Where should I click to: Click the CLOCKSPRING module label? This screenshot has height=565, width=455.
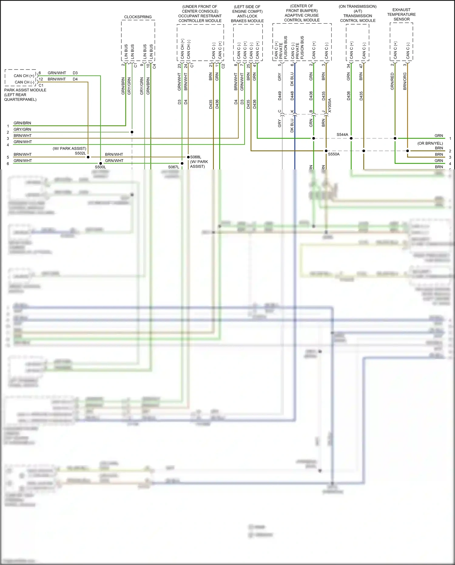[x=138, y=17]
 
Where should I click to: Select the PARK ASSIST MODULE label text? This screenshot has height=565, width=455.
[x=25, y=90]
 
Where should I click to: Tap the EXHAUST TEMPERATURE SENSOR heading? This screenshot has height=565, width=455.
[x=401, y=15]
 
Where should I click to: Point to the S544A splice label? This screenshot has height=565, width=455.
[x=342, y=134]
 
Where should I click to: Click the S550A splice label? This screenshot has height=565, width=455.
[x=334, y=154]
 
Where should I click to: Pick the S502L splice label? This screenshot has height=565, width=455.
[x=80, y=153]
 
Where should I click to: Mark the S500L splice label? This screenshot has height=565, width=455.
[x=100, y=167]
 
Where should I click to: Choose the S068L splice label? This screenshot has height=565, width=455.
[x=196, y=157]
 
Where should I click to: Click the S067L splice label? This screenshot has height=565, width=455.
[x=174, y=167]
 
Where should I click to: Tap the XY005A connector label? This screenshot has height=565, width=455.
[x=330, y=106]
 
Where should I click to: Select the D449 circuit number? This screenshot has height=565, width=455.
[x=280, y=96]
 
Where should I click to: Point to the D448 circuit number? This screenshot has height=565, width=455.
[x=292, y=96]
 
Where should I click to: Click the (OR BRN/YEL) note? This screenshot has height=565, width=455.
[x=430, y=143]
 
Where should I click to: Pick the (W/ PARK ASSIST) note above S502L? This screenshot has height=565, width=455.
[x=69, y=148]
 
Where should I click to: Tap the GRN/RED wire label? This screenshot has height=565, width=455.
[x=392, y=81]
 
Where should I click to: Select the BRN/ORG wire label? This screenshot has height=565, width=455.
[x=405, y=81]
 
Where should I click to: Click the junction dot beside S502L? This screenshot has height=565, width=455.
[x=88, y=157]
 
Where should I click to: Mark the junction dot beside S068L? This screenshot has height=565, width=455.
[x=188, y=157]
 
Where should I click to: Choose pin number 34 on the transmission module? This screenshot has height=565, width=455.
[x=348, y=66]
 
